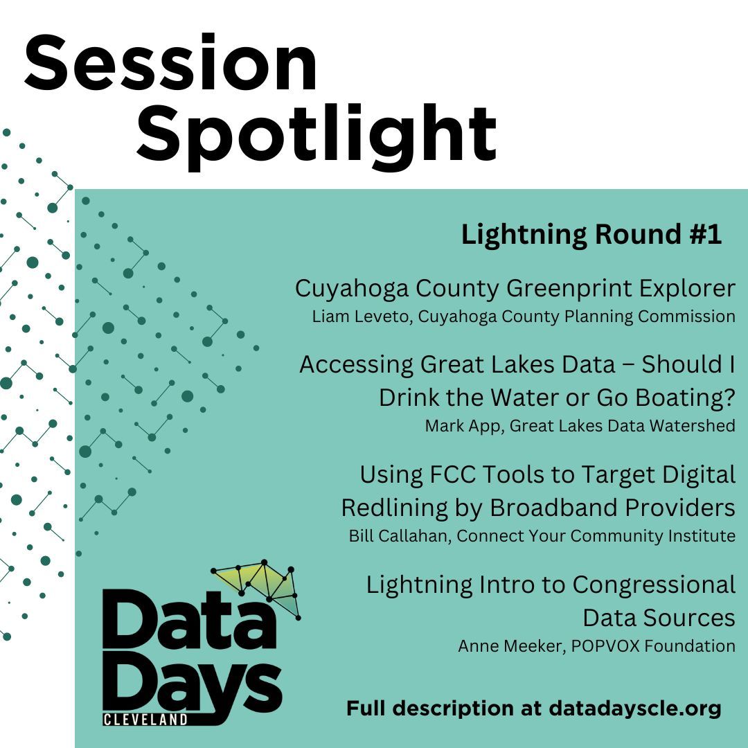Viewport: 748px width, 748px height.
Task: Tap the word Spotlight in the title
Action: pyautogui.click(x=317, y=132)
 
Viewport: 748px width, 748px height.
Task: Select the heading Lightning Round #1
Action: pyautogui.click(x=591, y=235)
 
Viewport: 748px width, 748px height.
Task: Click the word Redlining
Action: pyautogui.click(x=402, y=508)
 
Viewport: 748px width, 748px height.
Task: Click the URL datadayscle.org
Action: pyautogui.click(x=635, y=709)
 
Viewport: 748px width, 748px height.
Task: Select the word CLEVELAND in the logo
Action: pyautogui.click(x=145, y=720)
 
